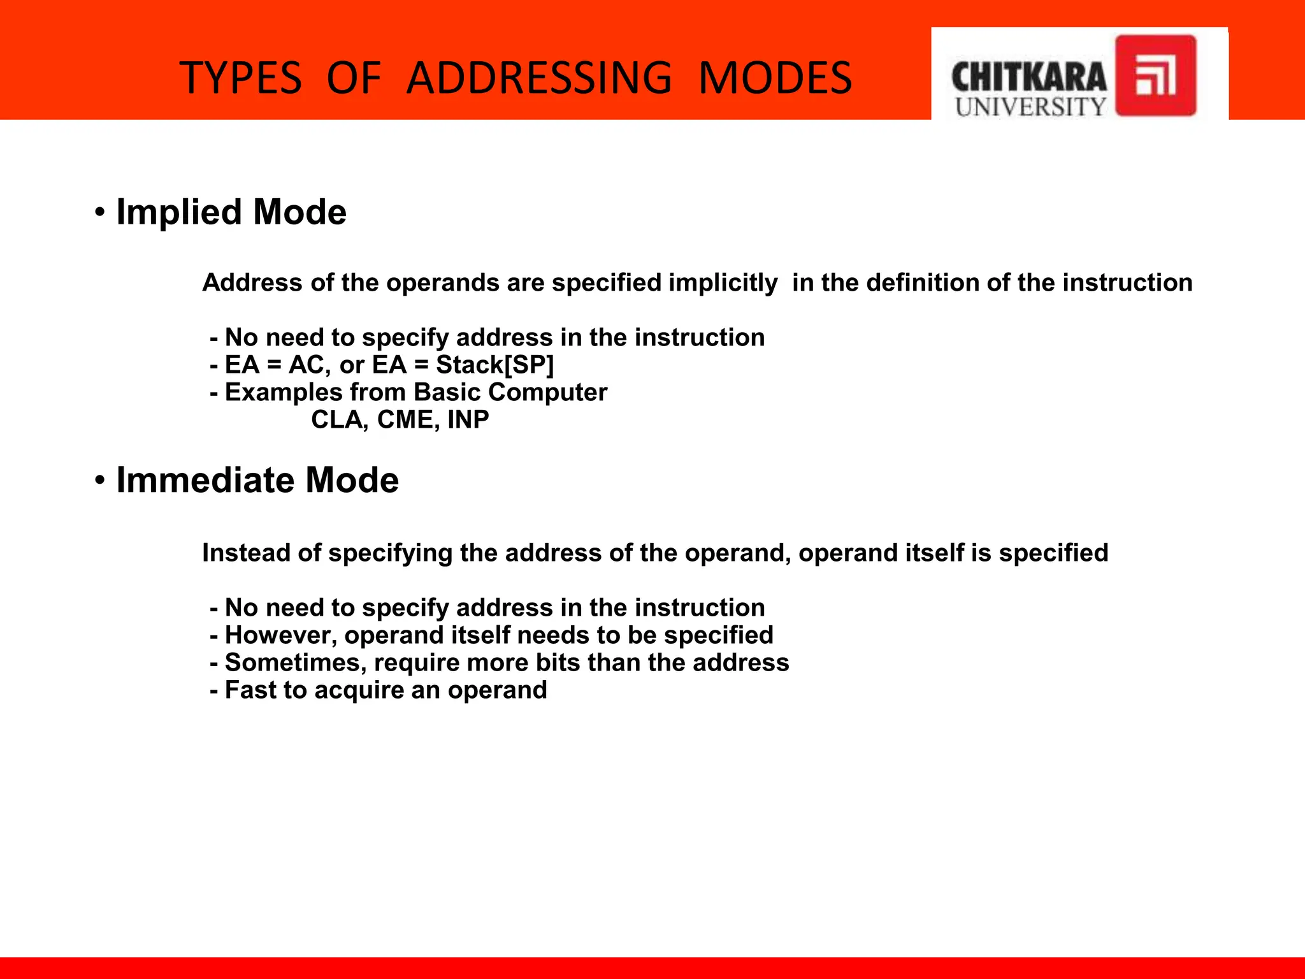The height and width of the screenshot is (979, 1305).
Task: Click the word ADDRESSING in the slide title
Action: pos(539,78)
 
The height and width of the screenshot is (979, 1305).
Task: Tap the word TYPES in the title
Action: pos(241,78)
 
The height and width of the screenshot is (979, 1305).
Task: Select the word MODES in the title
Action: pos(775,78)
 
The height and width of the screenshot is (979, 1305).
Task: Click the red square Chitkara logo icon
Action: pos(1155,76)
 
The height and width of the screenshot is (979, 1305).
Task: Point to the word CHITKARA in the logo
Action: pos(1028,78)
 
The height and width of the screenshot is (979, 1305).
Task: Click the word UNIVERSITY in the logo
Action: pos(1030,106)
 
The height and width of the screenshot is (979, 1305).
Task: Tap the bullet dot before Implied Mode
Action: pos(99,212)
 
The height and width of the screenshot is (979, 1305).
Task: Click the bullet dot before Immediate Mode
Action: pos(99,480)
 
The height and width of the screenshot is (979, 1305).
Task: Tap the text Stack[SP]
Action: pos(495,365)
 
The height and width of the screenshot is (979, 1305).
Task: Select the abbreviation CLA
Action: pos(336,419)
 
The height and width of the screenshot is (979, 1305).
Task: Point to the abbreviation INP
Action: pos(468,419)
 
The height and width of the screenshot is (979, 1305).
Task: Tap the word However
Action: pos(280,635)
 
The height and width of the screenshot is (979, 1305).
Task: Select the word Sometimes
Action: pos(296,662)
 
